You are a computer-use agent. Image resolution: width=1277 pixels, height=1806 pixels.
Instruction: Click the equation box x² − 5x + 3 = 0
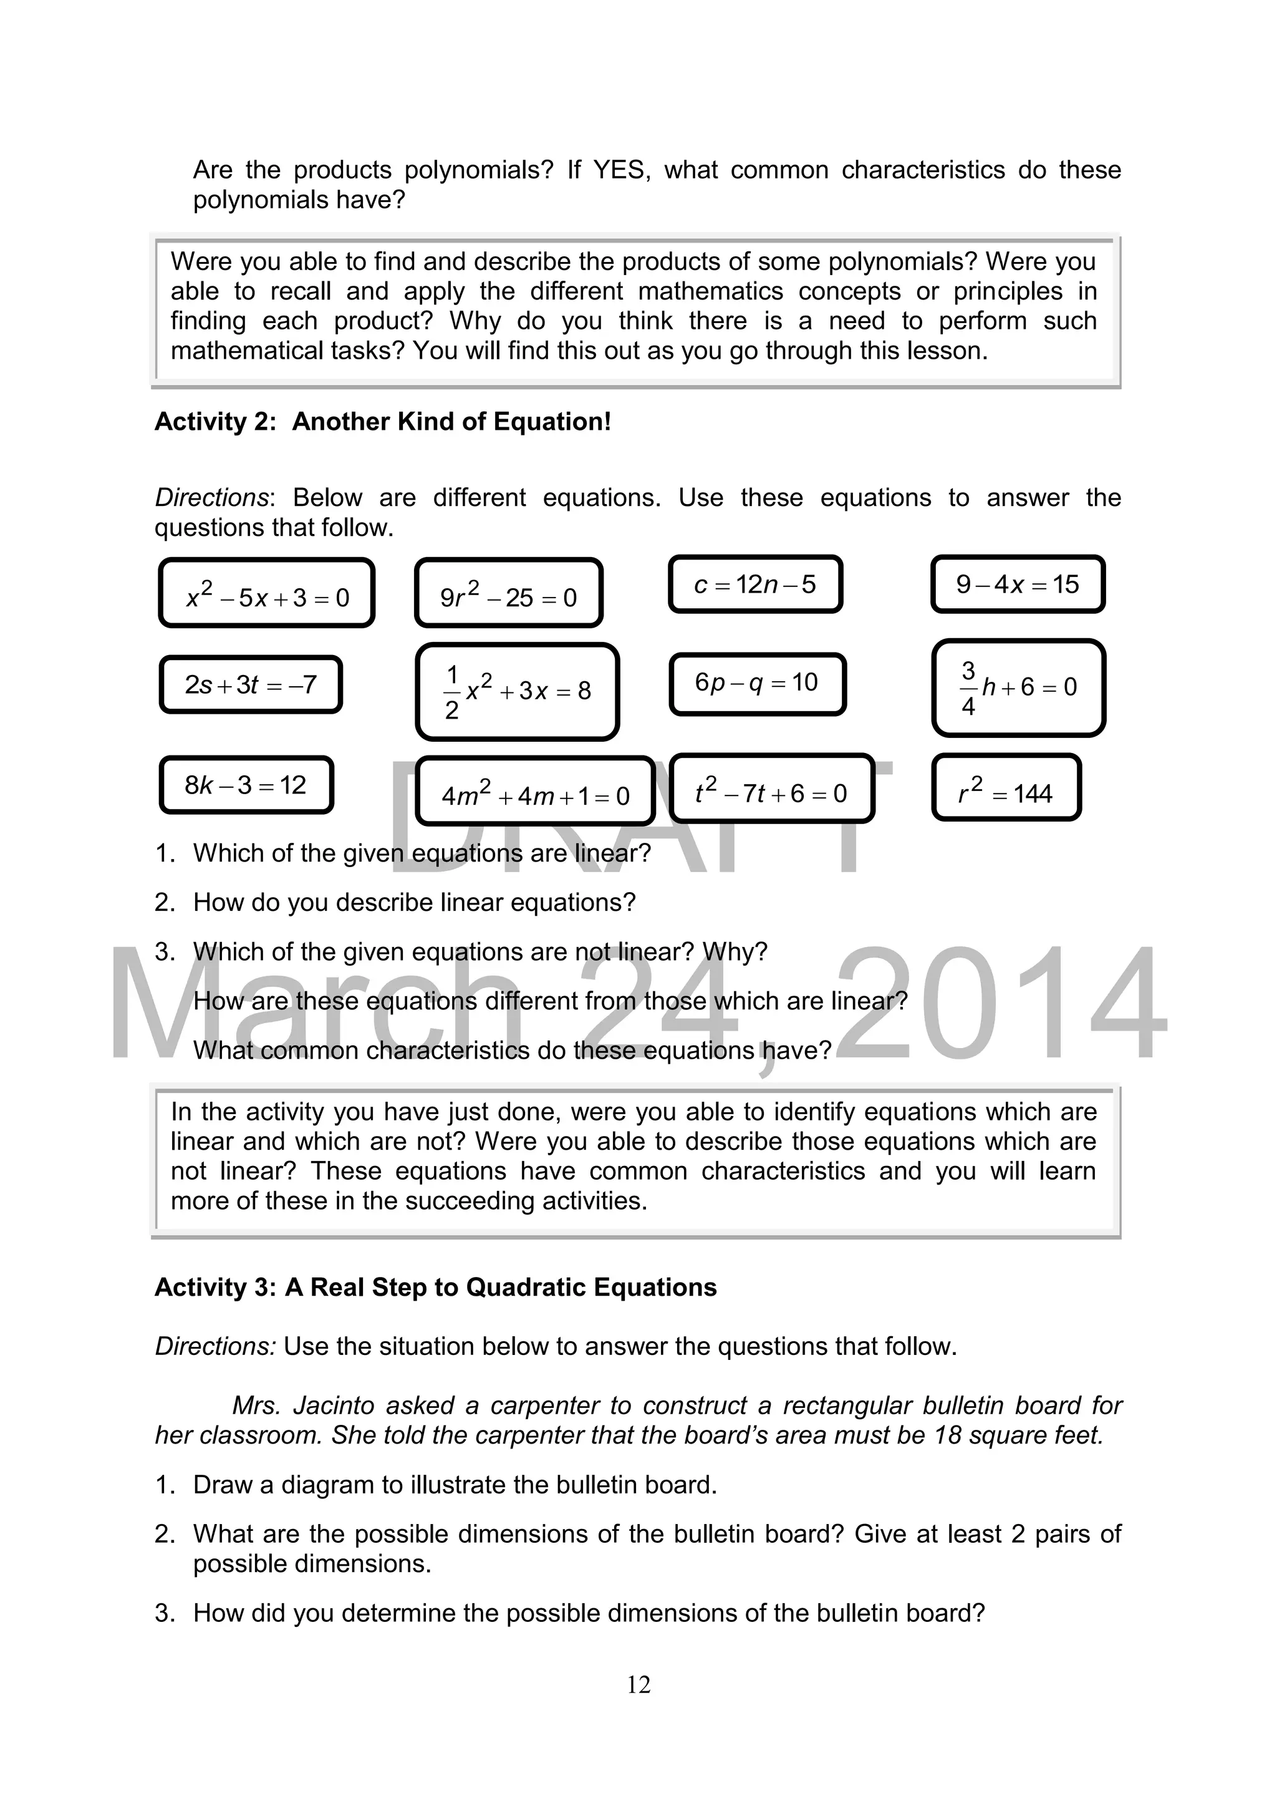[267, 593]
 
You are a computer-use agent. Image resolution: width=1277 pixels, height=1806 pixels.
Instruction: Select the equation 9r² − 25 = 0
[508, 593]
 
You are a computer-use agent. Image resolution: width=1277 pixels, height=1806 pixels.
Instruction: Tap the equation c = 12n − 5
[755, 585]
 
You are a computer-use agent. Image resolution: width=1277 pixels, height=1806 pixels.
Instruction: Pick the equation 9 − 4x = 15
[1018, 585]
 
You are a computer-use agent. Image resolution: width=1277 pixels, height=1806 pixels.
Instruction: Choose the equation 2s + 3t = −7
[251, 684]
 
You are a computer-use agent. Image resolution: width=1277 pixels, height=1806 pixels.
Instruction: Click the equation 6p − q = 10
[757, 682]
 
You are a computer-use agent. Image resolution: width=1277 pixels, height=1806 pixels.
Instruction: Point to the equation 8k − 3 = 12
[246, 785]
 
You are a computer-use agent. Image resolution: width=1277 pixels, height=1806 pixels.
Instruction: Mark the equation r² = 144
[1006, 788]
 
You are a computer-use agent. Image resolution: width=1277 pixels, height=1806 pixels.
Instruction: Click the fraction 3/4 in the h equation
[968, 688]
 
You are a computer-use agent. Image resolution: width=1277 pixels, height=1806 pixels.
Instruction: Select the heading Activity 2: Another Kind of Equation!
[382, 422]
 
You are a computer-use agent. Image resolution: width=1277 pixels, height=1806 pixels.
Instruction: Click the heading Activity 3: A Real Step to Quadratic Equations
[436, 1287]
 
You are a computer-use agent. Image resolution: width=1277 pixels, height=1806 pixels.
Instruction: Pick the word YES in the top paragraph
[620, 170]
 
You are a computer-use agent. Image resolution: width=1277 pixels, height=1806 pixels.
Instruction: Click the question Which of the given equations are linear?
[422, 853]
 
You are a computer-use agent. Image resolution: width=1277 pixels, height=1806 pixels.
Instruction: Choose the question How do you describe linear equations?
[413, 902]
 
